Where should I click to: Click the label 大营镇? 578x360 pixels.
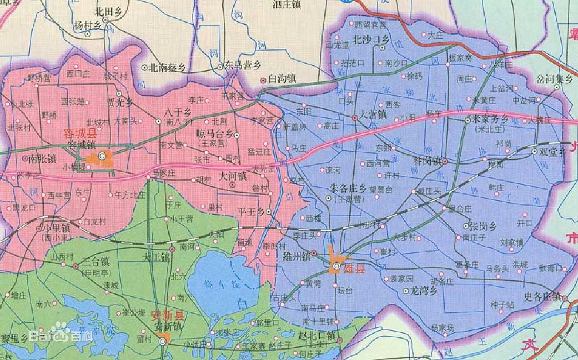point(373,117)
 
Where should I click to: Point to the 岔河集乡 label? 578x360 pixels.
point(554,79)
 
